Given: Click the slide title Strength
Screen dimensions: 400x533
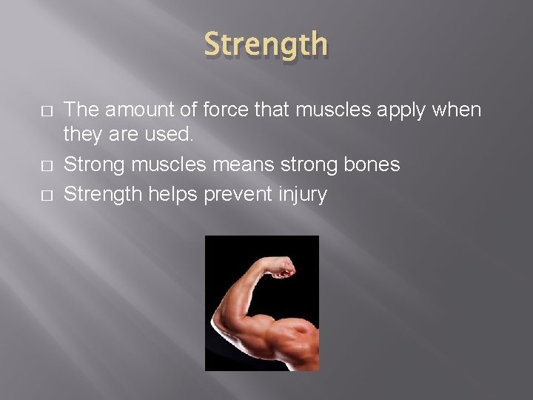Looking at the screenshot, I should pyautogui.click(x=266, y=44).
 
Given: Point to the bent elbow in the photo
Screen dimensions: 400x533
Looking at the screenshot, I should pyautogui.click(x=222, y=326).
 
